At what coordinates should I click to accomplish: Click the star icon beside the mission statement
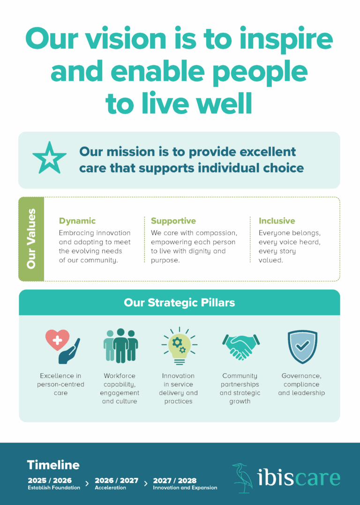tap(49, 158)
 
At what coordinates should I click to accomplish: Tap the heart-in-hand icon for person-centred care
tap(61, 346)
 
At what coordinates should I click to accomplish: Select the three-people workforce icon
tap(120, 345)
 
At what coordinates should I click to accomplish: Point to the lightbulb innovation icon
tap(179, 346)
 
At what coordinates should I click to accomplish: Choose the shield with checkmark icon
tap(302, 346)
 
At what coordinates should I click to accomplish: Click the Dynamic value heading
tap(77, 221)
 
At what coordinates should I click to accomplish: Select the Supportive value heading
tap(173, 221)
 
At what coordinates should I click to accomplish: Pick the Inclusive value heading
tap(277, 221)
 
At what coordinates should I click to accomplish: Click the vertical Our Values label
tap(31, 239)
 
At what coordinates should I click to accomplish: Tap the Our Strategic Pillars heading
tap(180, 303)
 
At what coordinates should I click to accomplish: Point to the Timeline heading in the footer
tap(53, 465)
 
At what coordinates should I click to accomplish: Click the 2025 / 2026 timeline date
tap(50, 480)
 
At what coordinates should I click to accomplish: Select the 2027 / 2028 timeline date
tap(175, 480)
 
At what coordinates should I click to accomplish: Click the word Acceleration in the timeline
tap(110, 488)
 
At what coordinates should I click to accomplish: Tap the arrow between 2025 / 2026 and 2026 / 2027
tap(87, 483)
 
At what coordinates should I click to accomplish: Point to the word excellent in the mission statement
tap(267, 152)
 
